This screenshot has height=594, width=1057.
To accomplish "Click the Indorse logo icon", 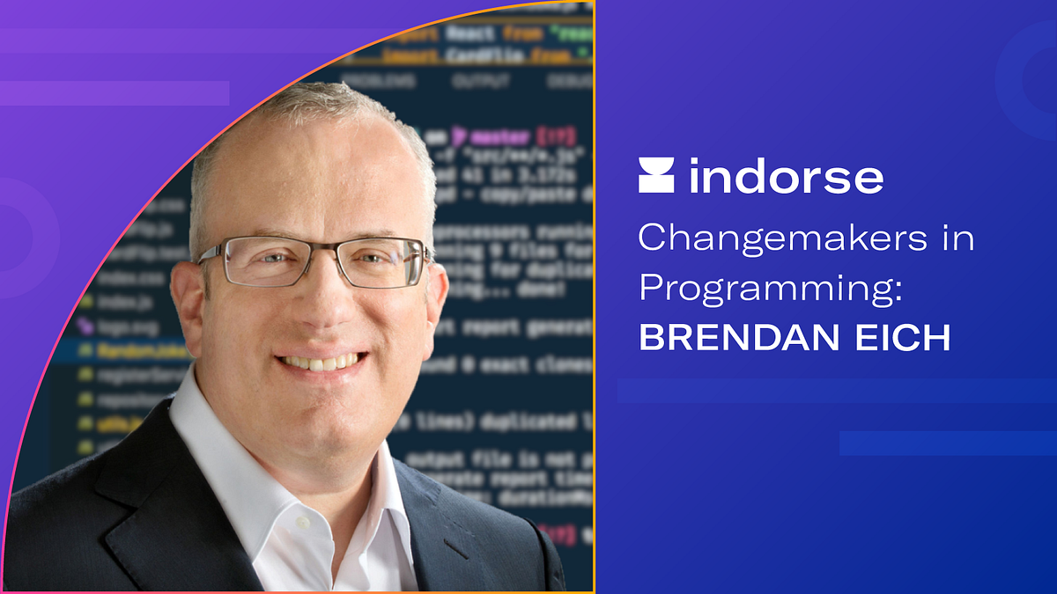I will click(x=656, y=175).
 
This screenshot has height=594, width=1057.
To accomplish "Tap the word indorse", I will click(x=787, y=176).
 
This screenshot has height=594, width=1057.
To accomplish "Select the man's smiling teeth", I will click(x=322, y=362).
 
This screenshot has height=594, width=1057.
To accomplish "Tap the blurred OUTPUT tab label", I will click(x=481, y=81).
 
